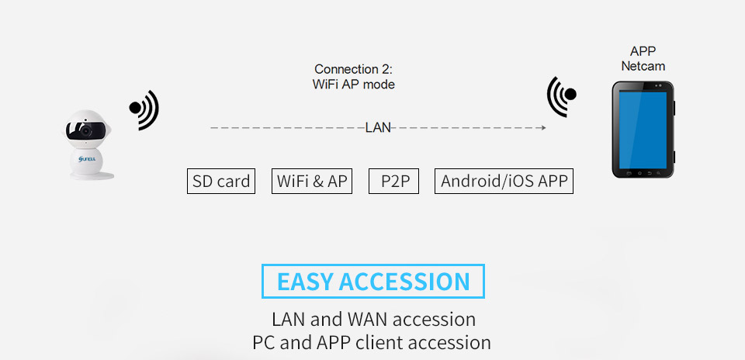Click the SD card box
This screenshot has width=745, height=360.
click(x=221, y=182)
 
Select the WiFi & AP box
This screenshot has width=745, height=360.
click(x=312, y=182)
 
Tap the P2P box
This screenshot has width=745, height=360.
click(x=393, y=182)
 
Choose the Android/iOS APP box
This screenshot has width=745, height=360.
click(x=504, y=182)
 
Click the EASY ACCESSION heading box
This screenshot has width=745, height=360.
click(x=373, y=281)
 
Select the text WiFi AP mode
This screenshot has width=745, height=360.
click(x=353, y=85)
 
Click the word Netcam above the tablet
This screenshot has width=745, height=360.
click(x=643, y=67)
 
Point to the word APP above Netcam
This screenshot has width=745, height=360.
click(x=643, y=52)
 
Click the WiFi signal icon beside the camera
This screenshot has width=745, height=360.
click(x=144, y=109)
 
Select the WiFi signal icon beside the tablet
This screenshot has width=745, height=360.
click(x=562, y=96)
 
